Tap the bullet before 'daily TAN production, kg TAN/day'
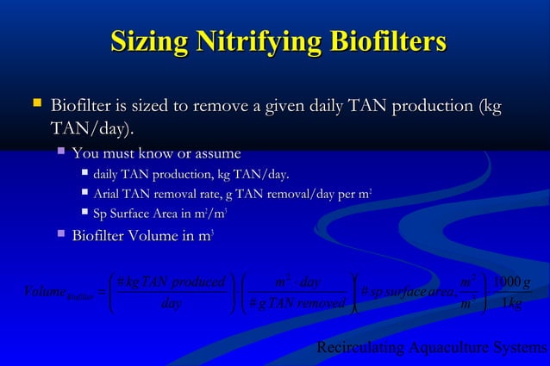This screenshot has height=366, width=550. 84,176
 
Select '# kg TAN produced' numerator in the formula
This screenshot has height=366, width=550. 171,282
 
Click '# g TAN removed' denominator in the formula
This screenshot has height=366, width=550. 297,302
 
